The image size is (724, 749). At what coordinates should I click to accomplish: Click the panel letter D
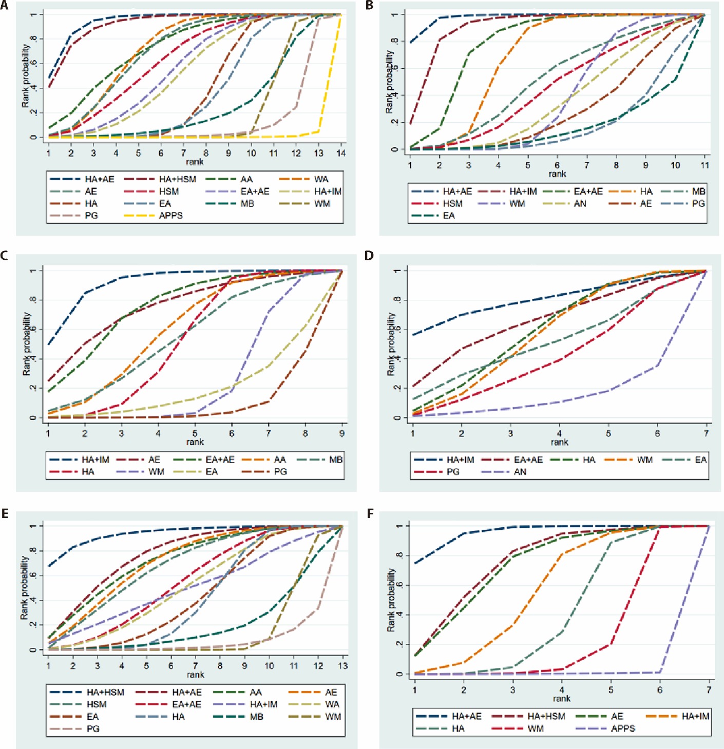click(x=369, y=256)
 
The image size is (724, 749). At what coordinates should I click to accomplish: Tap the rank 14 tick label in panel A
click(x=340, y=153)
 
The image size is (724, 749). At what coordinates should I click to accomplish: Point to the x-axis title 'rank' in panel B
click(x=557, y=174)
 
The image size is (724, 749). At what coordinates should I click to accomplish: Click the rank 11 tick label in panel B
click(x=704, y=165)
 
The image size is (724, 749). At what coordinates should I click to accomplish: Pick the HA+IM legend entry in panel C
click(x=80, y=460)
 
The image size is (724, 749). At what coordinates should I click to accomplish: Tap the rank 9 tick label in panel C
click(x=342, y=433)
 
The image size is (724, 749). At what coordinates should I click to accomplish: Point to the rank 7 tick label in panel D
click(x=707, y=433)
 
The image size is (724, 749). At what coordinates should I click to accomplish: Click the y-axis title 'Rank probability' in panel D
click(x=391, y=344)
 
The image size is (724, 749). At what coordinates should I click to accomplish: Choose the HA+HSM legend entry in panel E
click(x=87, y=693)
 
